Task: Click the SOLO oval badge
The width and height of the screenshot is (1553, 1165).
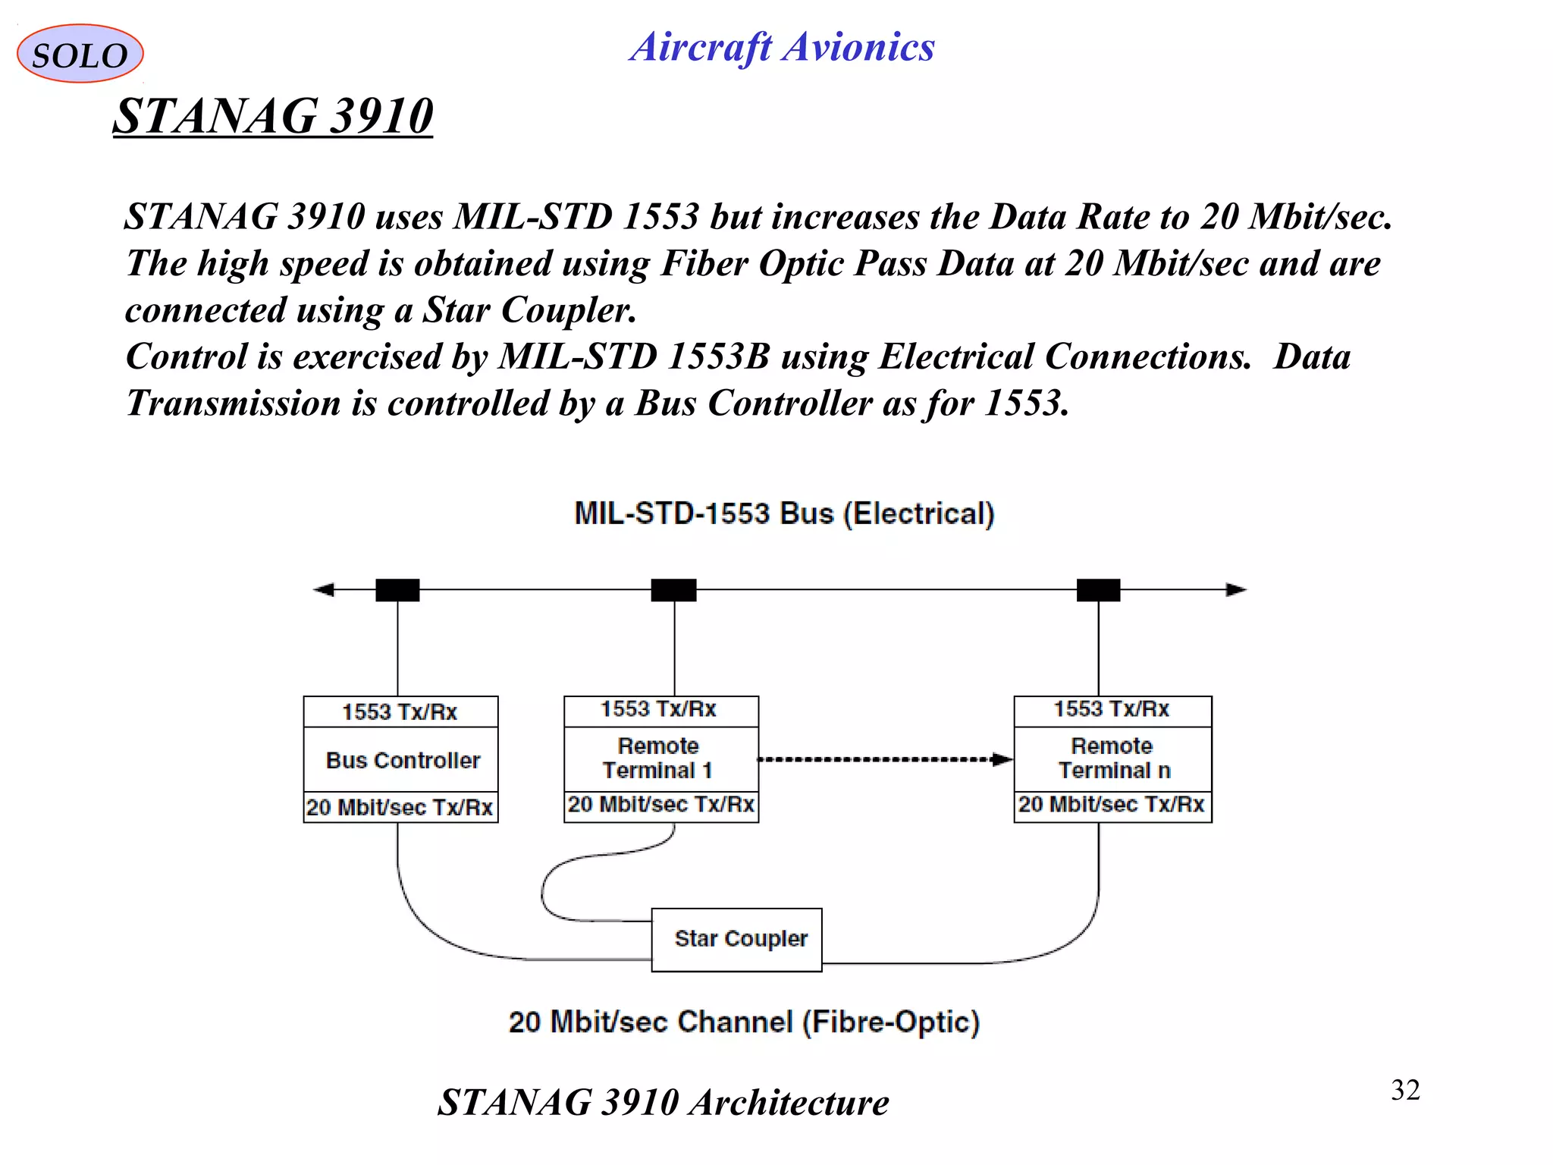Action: click(x=80, y=54)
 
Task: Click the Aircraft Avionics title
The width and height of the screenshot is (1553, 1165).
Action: click(x=782, y=47)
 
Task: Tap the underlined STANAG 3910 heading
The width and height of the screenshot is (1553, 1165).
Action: click(x=273, y=116)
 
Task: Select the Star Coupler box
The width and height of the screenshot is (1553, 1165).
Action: click(x=737, y=939)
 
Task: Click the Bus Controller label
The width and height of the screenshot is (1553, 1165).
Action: click(x=402, y=760)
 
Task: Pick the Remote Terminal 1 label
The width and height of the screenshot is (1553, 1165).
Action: click(x=658, y=758)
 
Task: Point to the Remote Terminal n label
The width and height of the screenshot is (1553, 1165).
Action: click(x=1112, y=758)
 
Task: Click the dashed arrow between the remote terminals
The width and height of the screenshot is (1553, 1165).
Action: click(x=884, y=759)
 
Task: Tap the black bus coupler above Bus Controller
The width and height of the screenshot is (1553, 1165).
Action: click(x=397, y=589)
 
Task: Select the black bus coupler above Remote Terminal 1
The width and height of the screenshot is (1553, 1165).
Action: click(x=673, y=589)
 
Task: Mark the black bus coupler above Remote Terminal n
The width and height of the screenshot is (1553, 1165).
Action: click(x=1098, y=589)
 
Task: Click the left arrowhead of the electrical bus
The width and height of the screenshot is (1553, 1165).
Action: click(x=325, y=589)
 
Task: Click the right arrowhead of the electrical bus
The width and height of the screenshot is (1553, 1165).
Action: click(x=1236, y=589)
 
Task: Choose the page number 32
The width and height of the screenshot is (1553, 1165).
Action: click(x=1405, y=1090)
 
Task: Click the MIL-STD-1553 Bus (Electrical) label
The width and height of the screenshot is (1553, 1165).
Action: click(x=784, y=513)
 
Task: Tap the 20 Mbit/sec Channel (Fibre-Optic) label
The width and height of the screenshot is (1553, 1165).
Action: click(x=744, y=1022)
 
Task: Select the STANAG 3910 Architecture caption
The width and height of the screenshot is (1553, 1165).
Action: click(x=663, y=1102)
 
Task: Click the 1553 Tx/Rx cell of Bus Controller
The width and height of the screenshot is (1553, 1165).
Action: click(x=400, y=712)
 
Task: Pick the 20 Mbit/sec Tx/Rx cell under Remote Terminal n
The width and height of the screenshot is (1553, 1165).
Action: click(x=1112, y=805)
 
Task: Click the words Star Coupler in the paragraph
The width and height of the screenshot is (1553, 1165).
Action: click(x=529, y=310)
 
